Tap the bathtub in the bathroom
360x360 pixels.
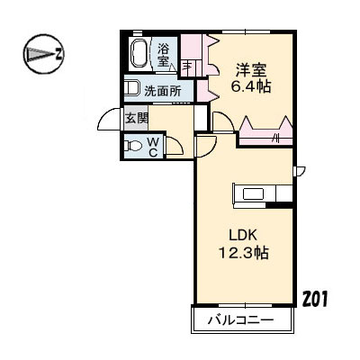coord(140,54)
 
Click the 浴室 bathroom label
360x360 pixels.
coord(164,55)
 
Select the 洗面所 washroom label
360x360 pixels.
coord(162,90)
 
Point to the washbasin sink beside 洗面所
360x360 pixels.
coord(132,89)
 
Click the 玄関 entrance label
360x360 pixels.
coord(136,118)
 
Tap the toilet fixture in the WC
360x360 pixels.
coord(131,146)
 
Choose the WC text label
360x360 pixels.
coord(153,146)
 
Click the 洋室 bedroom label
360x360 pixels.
coord(250,68)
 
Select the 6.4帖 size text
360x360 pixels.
coord(250,86)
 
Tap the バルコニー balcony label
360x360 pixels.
coord(242,319)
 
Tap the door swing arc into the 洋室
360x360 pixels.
coord(223,121)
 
